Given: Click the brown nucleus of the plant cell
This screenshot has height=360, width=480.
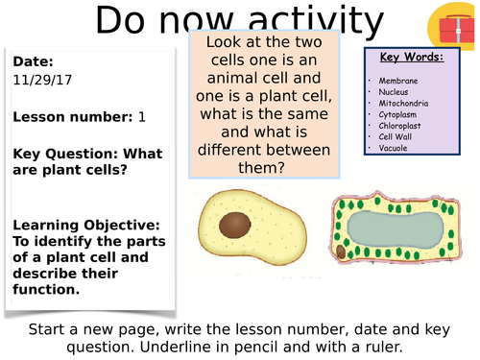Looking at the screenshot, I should point(341,252).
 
